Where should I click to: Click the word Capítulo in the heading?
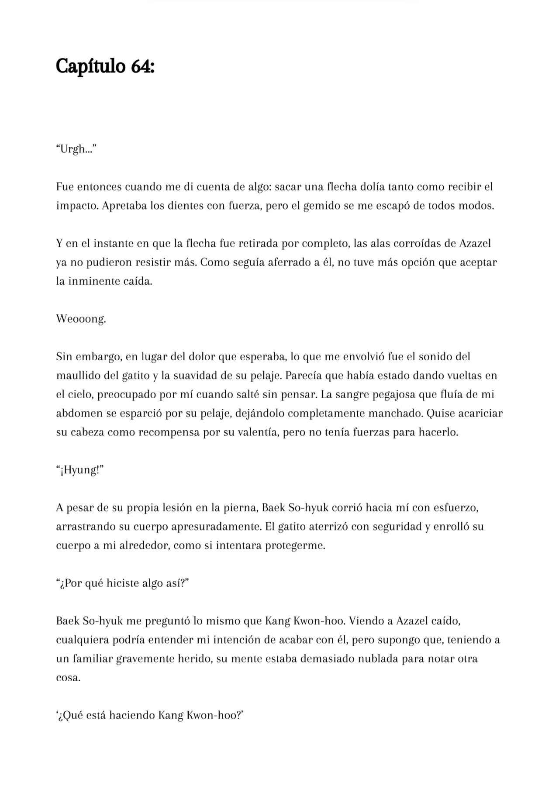[90, 67]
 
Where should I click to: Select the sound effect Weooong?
[81, 319]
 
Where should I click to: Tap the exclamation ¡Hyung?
[80, 470]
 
